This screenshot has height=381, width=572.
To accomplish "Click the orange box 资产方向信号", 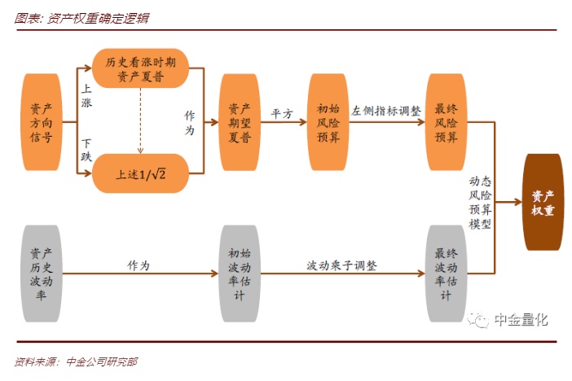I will [x=42, y=121].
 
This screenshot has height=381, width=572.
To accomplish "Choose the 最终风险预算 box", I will [x=447, y=121].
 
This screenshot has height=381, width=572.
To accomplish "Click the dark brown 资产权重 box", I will [x=543, y=203].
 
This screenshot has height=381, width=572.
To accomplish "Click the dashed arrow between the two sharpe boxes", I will [x=140, y=120].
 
